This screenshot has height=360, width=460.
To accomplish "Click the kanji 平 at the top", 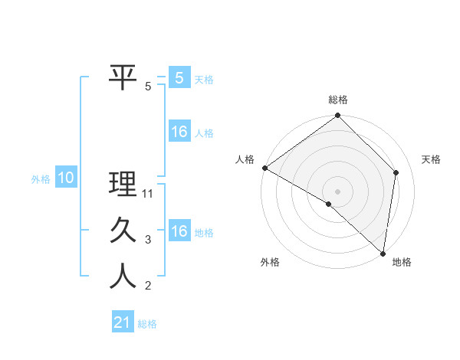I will coord(123,77).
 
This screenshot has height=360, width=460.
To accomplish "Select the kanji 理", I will coord(123,184).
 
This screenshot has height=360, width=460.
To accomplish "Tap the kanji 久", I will coord(123,231).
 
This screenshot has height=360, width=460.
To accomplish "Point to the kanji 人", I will coord(123,277).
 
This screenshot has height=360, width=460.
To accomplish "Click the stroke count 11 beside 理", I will coord(149,194).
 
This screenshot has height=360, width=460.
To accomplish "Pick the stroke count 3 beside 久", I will coord(149,240).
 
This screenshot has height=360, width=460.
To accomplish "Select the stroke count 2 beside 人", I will coord(149,286).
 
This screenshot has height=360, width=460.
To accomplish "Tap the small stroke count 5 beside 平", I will coord(149,87).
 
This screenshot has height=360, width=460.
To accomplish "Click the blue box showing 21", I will coord(123,322).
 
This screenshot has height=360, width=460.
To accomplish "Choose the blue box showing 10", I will coord(66,178).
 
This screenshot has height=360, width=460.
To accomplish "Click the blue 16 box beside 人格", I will coord(179,132).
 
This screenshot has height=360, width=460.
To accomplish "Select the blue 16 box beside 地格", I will coord(179,231).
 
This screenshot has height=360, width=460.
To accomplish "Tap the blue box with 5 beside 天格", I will coord(179,77).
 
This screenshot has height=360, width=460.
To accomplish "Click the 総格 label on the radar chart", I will coord(338,100).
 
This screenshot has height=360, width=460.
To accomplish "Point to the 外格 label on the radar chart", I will coord(270,263).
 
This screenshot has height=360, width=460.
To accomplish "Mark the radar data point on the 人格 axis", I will coord(264,168).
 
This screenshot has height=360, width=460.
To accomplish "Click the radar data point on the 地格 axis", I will coord(383,253).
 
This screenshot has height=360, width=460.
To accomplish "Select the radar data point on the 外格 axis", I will coord(329,204).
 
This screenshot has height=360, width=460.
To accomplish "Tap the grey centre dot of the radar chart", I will coord(337,191).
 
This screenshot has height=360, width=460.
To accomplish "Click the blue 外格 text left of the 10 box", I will coord(41,179).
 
